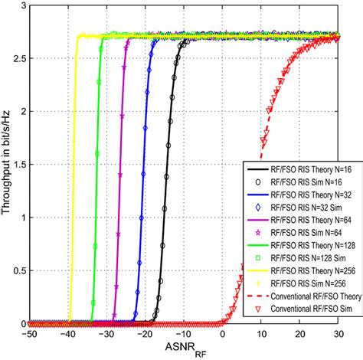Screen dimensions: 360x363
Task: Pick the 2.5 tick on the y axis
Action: click(x=17, y=57)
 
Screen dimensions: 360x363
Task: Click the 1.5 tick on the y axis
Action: click(x=17, y=164)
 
